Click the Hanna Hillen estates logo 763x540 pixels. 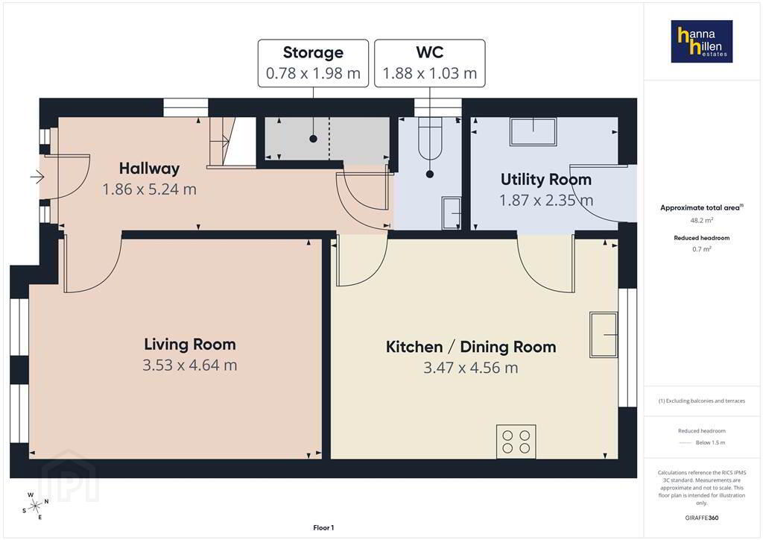[702, 41]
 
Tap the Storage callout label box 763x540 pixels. [313, 63]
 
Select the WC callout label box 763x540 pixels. [430, 63]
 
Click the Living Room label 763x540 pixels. [190, 345]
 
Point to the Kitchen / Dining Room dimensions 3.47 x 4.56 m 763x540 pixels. [471, 368]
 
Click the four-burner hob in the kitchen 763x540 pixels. [516, 442]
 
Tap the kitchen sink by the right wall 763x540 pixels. [604, 335]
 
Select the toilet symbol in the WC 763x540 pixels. [430, 138]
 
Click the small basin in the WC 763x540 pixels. [451, 213]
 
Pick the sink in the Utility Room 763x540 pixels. [533, 131]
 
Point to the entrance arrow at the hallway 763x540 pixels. [37, 177]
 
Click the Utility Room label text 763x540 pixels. [546, 179]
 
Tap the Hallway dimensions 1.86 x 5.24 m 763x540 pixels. [149, 189]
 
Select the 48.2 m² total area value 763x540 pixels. [702, 220]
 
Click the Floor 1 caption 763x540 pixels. [323, 528]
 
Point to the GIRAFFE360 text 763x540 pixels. [702, 518]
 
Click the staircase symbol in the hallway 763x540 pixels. [232, 141]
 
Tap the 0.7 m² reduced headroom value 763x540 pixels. [702, 249]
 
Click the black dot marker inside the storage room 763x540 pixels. [314, 139]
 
